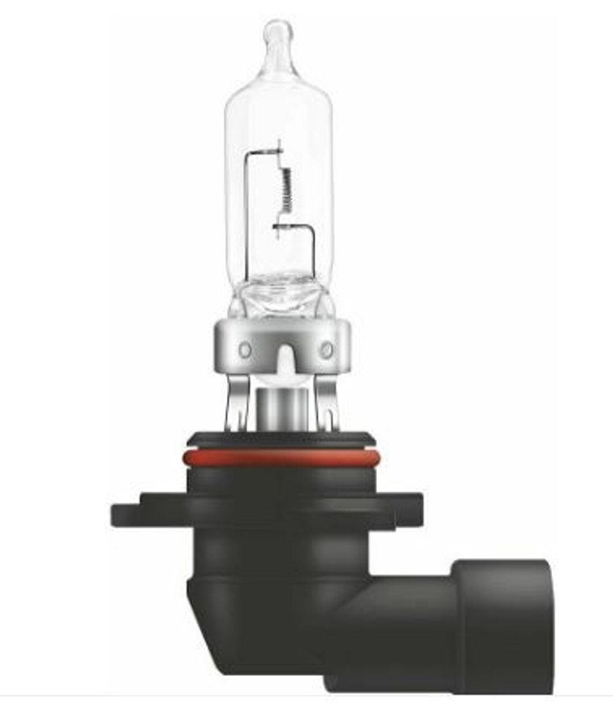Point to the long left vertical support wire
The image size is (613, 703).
(x=246, y=215)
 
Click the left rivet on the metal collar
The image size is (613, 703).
(x=245, y=350)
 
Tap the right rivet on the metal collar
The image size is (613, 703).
(x=327, y=350)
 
